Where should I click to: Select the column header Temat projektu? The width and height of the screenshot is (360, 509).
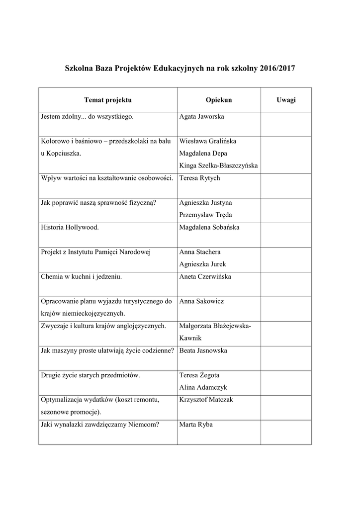point(108,100)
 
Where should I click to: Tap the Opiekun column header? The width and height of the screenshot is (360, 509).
point(219,100)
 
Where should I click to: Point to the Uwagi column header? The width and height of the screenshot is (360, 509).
point(286,100)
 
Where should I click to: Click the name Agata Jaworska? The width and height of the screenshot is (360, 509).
point(201,117)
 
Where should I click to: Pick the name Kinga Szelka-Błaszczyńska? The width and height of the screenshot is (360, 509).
point(218,166)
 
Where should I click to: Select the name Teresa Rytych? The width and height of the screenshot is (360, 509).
point(199,178)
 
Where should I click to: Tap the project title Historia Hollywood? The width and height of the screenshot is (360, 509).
point(70,227)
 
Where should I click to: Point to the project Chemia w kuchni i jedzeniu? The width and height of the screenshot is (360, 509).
point(81,276)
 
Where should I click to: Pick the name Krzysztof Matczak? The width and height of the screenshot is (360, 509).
point(206,400)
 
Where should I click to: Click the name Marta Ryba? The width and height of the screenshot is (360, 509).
point(196,424)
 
